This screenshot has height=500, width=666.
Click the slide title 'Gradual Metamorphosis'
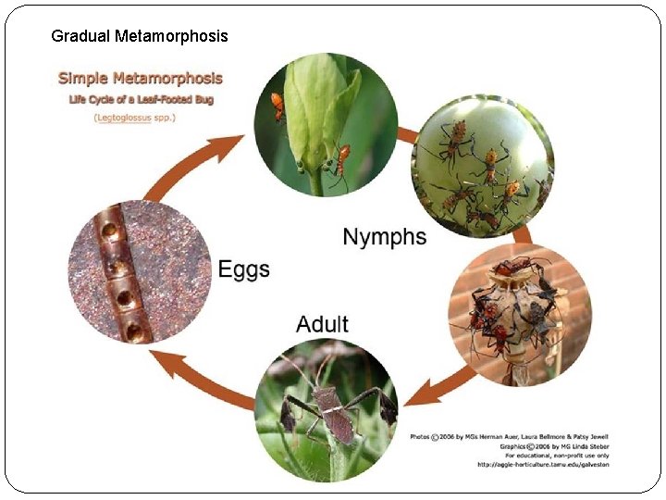pos(139,36)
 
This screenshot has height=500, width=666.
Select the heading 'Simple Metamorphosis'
pos(141,79)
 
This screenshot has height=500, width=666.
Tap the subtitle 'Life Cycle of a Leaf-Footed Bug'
pos(139,99)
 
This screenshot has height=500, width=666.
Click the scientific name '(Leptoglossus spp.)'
pos(135,119)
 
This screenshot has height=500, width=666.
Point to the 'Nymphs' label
pos(385,237)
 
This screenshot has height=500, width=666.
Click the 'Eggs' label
pos(244,269)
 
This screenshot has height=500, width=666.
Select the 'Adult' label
pos(322,324)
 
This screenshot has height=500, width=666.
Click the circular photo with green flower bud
pos(326,124)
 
